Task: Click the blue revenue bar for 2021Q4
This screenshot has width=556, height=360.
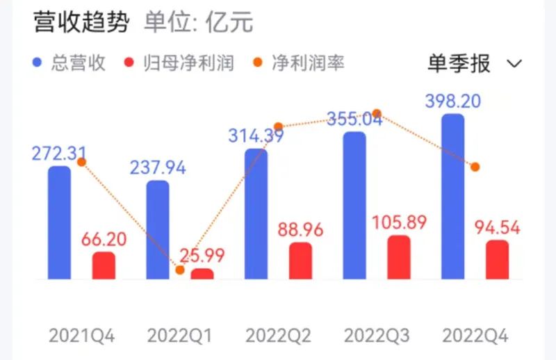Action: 59,222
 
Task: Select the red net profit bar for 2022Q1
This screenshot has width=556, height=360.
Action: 202,274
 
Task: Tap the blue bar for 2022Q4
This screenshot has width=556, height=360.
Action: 452,197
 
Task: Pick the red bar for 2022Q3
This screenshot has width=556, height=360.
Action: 399,257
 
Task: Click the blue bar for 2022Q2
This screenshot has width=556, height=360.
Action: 256,214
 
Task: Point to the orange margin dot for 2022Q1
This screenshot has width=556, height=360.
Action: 180,270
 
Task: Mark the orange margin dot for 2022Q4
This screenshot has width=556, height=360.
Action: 475,167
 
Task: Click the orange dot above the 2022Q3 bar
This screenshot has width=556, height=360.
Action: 377,113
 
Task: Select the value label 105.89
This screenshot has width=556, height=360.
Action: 398,222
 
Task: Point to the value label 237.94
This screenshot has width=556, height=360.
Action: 158,167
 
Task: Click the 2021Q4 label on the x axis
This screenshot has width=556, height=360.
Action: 82,336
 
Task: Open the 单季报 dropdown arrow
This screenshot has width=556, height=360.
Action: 515,64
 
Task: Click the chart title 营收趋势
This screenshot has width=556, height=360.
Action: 81,23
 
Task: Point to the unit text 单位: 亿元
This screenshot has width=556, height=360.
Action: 199,23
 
